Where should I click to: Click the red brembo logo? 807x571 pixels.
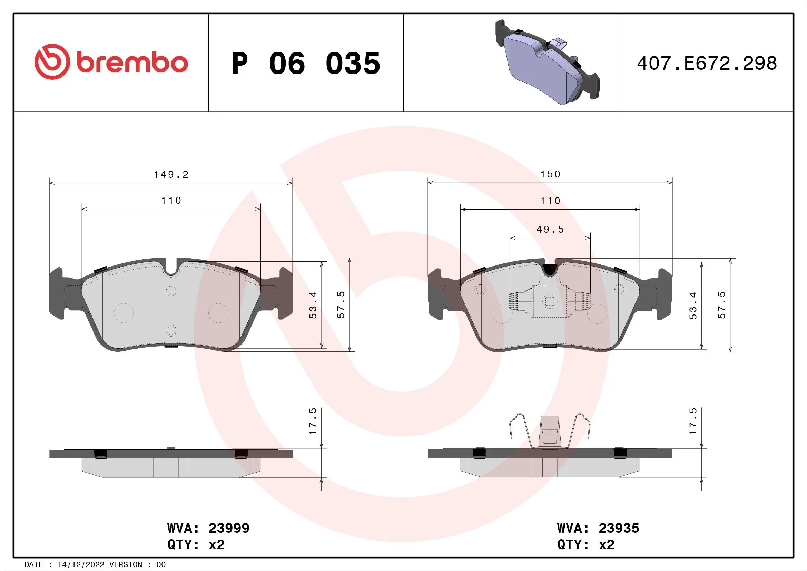tap(111, 62)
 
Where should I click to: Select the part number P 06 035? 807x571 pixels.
tap(306, 64)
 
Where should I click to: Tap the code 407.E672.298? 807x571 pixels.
tap(707, 64)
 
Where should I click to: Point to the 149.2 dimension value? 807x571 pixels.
tap(171, 174)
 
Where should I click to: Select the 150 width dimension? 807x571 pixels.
tap(550, 174)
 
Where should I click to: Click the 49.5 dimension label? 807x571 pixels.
tap(550, 229)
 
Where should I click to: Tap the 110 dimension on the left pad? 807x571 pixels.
tap(171, 201)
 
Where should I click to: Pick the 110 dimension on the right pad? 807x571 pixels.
tap(550, 201)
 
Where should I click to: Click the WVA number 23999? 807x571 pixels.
tap(229, 528)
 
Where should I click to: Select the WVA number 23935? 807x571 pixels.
tap(619, 528)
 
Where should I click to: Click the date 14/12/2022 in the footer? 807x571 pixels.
tap(81, 565)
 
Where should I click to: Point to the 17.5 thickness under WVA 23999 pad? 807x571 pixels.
tap(313, 421)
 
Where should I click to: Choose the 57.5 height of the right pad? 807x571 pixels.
tap(721, 305)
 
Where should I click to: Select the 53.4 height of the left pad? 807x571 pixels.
tap(313, 305)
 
